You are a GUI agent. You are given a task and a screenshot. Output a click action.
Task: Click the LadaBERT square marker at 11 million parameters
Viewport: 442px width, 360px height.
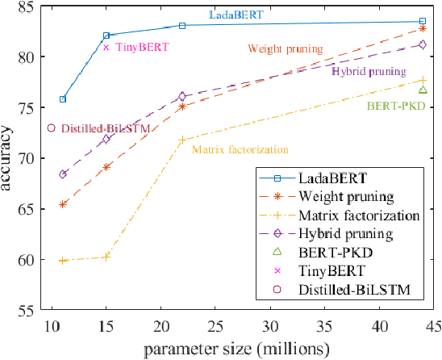[x=63, y=99]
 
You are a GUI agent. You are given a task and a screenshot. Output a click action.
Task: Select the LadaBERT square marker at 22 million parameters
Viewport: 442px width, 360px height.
[x=182, y=25]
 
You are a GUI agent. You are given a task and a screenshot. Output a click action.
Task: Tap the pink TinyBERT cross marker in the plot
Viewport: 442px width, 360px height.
[x=106, y=47]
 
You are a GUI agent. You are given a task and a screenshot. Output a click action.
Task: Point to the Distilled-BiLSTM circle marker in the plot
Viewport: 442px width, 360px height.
[x=52, y=128]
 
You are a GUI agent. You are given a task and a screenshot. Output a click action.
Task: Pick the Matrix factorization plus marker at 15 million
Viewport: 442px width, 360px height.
[x=106, y=257]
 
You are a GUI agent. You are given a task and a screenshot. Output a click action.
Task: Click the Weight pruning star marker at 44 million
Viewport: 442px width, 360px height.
[x=423, y=28]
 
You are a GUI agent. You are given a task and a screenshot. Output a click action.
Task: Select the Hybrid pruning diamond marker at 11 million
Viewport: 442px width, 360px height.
[x=63, y=174]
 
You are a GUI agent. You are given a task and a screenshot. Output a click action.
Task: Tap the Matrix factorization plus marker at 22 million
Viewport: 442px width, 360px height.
[x=182, y=140]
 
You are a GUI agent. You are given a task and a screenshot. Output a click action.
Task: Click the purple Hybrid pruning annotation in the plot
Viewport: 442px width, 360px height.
[x=369, y=71]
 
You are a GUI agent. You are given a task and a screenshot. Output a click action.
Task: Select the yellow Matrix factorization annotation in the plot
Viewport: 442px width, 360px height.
[x=240, y=149]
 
